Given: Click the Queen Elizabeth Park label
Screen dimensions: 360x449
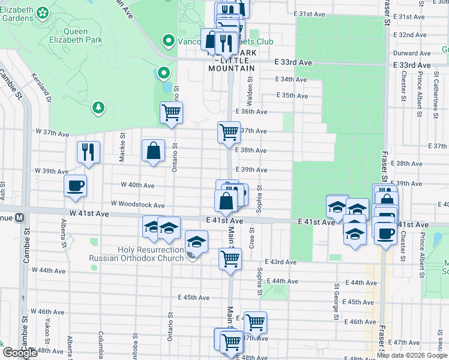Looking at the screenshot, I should tap(83, 35).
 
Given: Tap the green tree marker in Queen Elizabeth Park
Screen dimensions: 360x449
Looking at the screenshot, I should tap(97, 108).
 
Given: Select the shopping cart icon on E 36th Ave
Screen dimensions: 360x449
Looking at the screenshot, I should tap(172, 112).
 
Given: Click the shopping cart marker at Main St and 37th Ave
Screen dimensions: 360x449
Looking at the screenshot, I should tap(229, 131).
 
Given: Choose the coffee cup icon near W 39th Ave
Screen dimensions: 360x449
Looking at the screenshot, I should tap(76, 185).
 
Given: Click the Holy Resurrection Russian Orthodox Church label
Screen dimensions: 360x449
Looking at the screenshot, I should tap(136, 254).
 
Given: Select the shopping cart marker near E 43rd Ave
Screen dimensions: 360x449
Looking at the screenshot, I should tap(230, 259).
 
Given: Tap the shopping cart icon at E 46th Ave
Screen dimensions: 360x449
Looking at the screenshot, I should tap(256, 323).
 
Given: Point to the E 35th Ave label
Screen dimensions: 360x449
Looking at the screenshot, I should tap(292, 95).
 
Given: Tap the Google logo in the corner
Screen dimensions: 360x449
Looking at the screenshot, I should tap(20, 353).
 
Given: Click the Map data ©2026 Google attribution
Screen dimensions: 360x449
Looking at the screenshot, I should tap(412, 355).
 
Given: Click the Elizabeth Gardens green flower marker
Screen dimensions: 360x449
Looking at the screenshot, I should tap(43, 13).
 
